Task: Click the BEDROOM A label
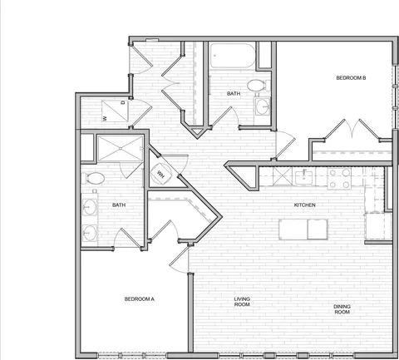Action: click(x=139, y=299)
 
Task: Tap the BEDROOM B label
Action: click(x=351, y=78)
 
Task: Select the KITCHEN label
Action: click(x=304, y=205)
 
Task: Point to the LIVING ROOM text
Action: click(x=242, y=302)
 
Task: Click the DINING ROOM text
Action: click(x=342, y=309)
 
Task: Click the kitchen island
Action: click(x=303, y=229)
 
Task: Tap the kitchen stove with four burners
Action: click(x=339, y=178)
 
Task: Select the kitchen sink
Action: click(x=303, y=177)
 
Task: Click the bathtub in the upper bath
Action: click(x=233, y=56)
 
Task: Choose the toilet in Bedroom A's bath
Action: click(x=93, y=178)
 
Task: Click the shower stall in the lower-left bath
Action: click(x=121, y=149)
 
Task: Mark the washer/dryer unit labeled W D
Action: click(x=115, y=111)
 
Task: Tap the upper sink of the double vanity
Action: click(x=90, y=207)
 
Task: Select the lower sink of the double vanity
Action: click(x=90, y=232)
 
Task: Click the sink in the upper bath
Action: click(x=262, y=106)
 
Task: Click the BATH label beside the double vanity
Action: click(x=119, y=205)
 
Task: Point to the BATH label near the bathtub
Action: click(x=234, y=94)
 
